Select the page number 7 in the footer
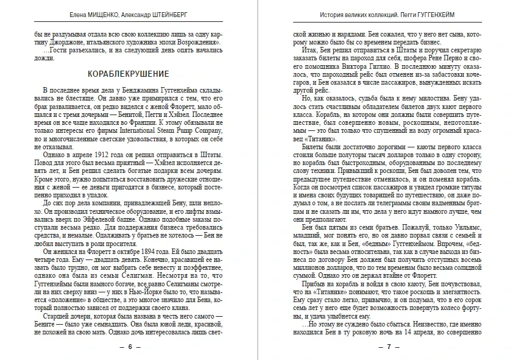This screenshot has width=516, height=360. pyautogui.click(x=389, y=347)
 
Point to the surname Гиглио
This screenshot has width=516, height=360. pyautogui.click(x=381, y=64)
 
